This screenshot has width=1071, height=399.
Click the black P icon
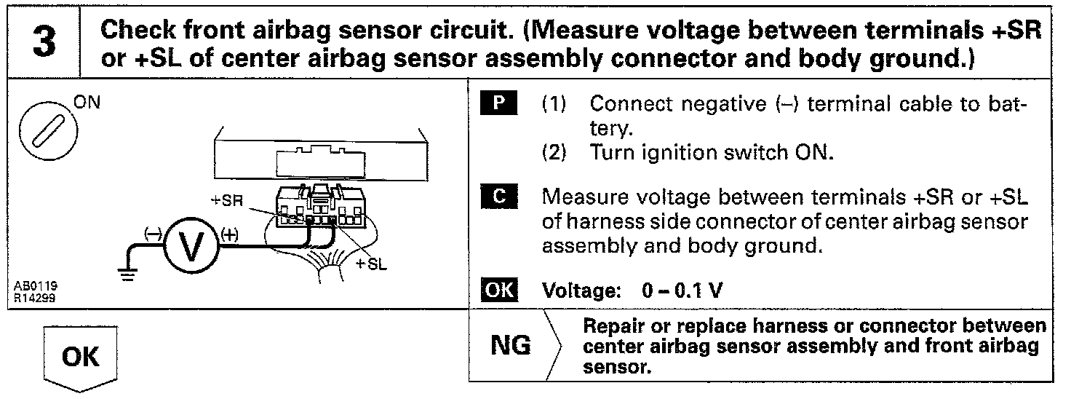[x=499, y=103]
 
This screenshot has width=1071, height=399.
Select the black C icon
[x=499, y=197]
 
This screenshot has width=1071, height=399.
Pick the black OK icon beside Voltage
[x=499, y=291]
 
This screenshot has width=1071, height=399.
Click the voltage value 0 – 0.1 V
[x=682, y=291]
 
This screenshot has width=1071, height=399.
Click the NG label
[x=511, y=345]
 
